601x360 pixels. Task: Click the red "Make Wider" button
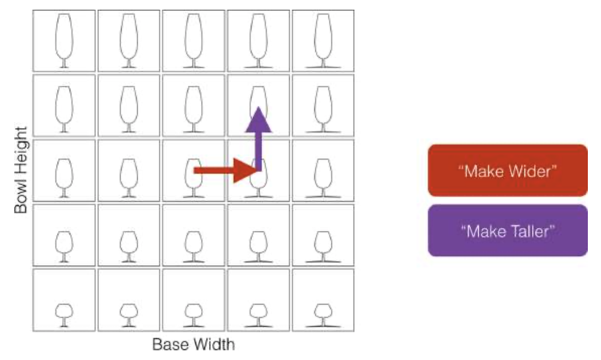pyautogui.click(x=507, y=171)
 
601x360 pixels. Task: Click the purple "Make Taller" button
pyautogui.click(x=507, y=231)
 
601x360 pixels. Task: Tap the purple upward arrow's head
pyautogui.click(x=259, y=119)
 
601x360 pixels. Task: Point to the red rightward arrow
pyautogui.click(x=227, y=170)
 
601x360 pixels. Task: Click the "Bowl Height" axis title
pyautogui.click(x=21, y=170)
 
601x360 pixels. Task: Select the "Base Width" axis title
pyautogui.click(x=194, y=344)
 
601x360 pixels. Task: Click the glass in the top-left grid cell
pyautogui.click(x=64, y=41)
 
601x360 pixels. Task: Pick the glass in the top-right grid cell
pyautogui.click(x=323, y=41)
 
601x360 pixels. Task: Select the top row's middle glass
pyautogui.click(x=194, y=41)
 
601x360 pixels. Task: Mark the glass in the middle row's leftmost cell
pyautogui.click(x=64, y=178)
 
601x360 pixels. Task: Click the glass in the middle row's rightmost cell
pyautogui.click(x=323, y=178)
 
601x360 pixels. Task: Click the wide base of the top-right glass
pyautogui.click(x=323, y=67)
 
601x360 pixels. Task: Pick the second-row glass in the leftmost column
pyautogui.click(x=64, y=110)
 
